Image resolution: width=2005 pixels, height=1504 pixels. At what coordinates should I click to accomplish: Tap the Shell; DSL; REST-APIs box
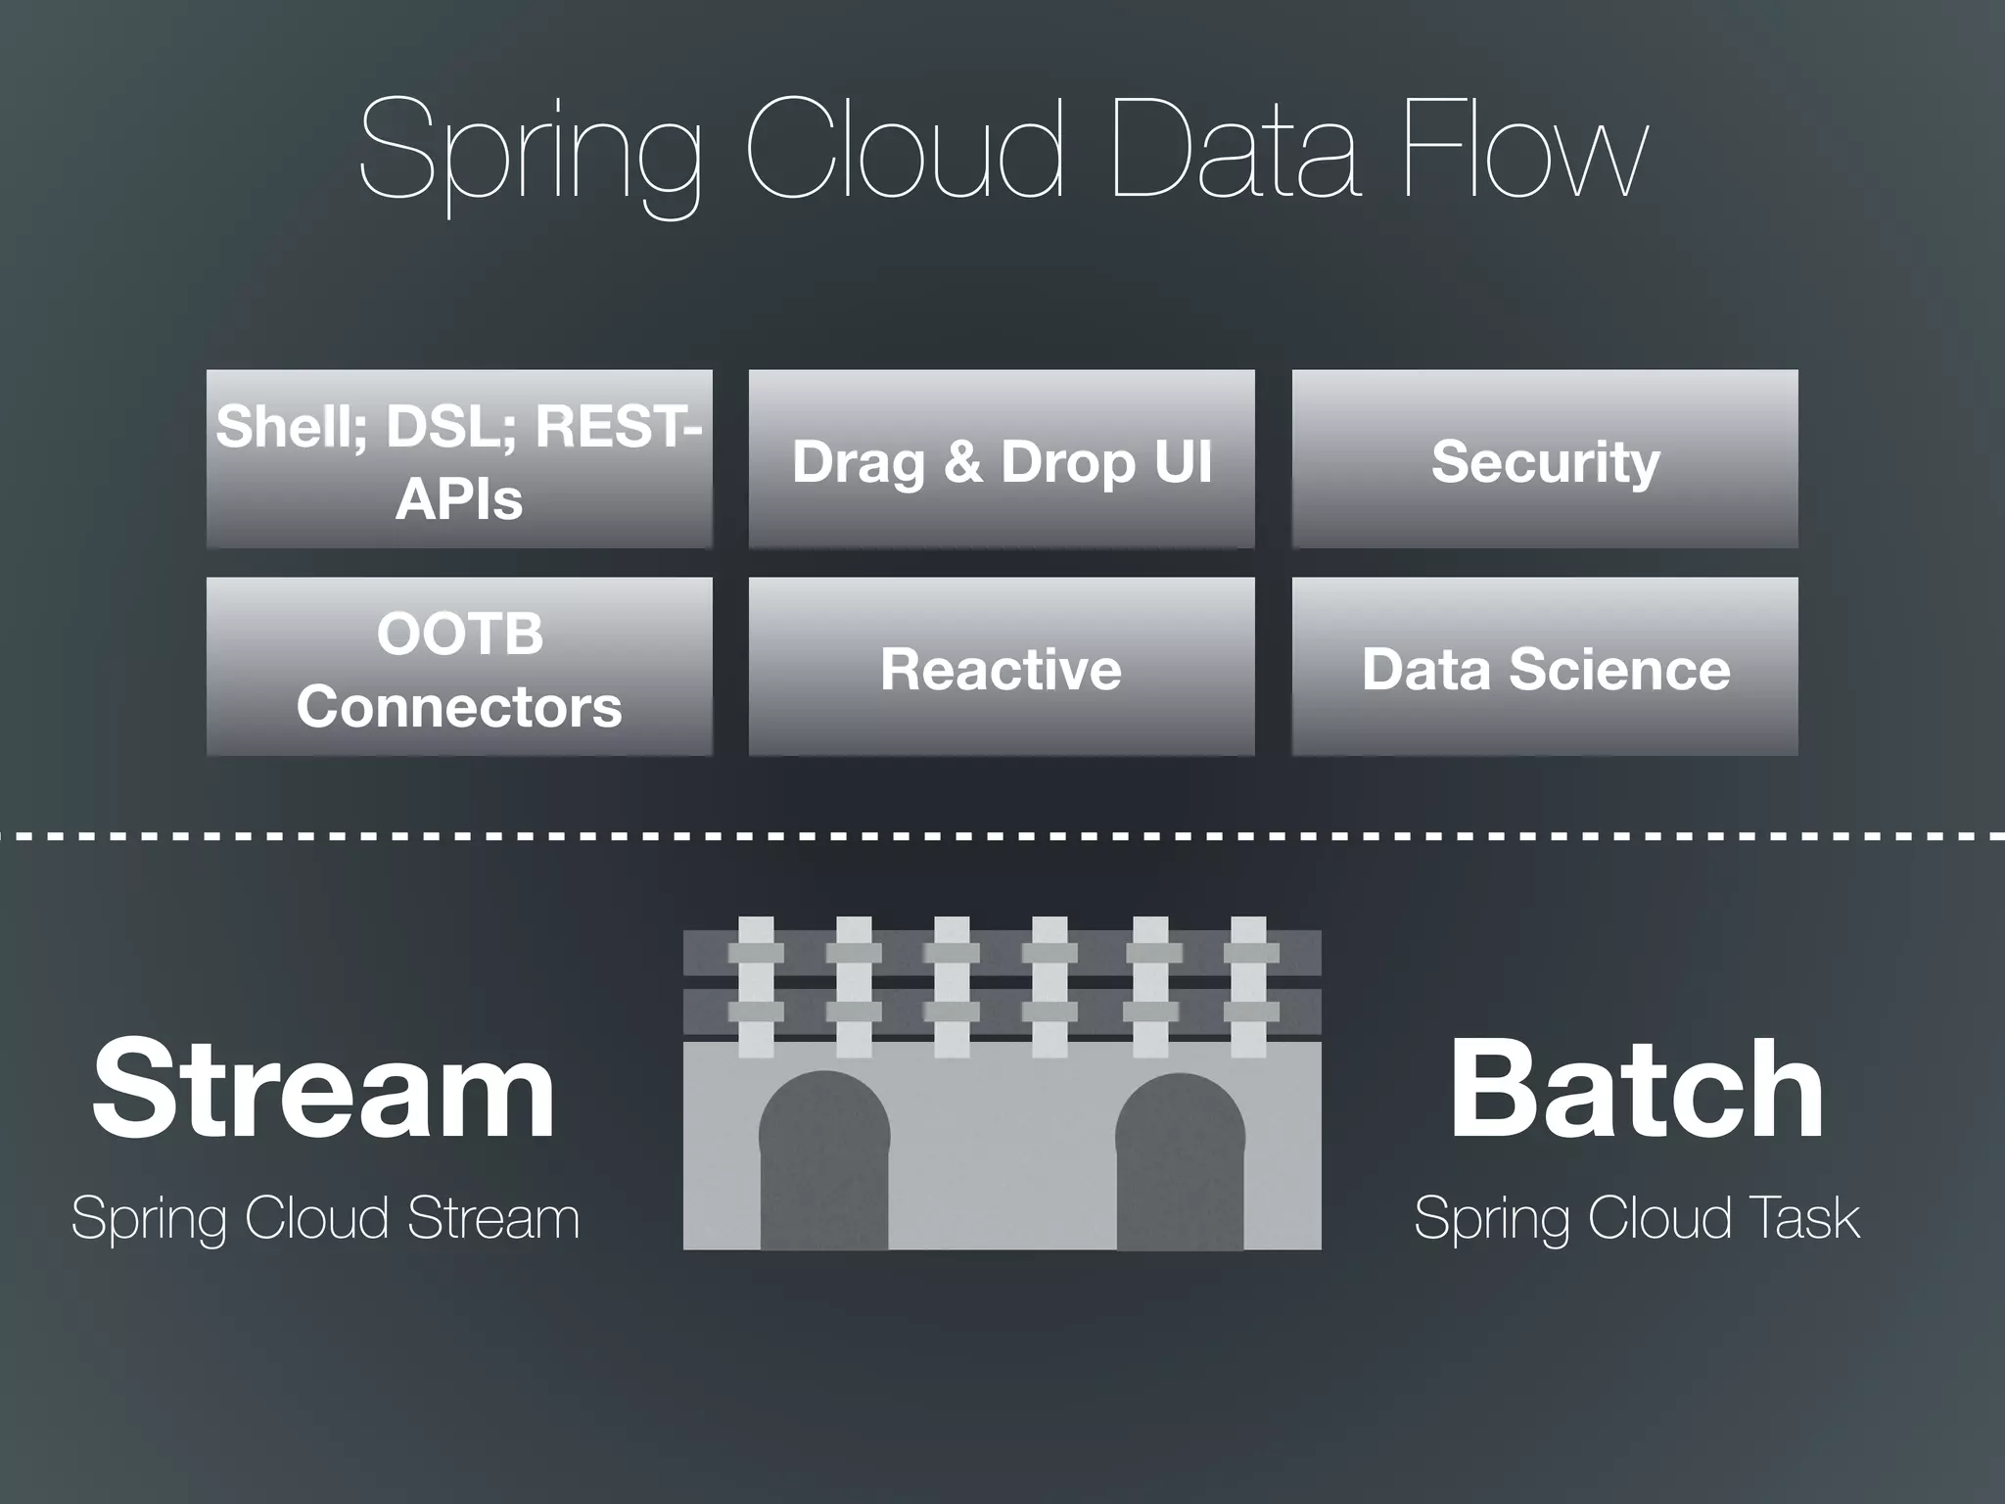pyautogui.click(x=459, y=459)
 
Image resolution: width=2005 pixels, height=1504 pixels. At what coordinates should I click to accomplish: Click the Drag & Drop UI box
pyautogui.click(x=1002, y=459)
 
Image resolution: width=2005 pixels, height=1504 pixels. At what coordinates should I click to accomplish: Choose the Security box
pyautogui.click(x=1545, y=459)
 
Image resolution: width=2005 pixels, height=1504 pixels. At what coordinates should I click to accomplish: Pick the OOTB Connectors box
pyautogui.click(x=459, y=667)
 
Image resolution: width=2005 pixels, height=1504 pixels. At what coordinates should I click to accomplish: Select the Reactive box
pyautogui.click(x=1002, y=667)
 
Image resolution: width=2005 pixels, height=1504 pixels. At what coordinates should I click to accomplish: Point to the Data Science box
pyautogui.click(x=1545, y=667)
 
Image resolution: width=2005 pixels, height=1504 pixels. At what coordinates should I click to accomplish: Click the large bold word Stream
pyautogui.click(x=324, y=1089)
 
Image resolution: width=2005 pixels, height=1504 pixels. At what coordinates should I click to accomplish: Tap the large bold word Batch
pyautogui.click(x=1636, y=1089)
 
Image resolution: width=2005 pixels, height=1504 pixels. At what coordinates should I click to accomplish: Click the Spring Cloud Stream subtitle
pyautogui.click(x=325, y=1218)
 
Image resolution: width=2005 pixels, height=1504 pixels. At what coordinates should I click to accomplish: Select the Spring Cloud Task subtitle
pyautogui.click(x=1636, y=1218)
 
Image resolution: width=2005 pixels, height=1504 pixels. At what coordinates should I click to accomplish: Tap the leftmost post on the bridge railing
pyautogui.click(x=756, y=987)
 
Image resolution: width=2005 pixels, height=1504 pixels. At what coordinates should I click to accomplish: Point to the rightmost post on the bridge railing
pyautogui.click(x=1248, y=987)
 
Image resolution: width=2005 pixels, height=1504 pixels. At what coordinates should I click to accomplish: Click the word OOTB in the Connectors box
pyautogui.click(x=459, y=633)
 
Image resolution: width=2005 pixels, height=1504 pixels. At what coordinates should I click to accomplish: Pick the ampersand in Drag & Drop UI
pyautogui.click(x=963, y=461)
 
